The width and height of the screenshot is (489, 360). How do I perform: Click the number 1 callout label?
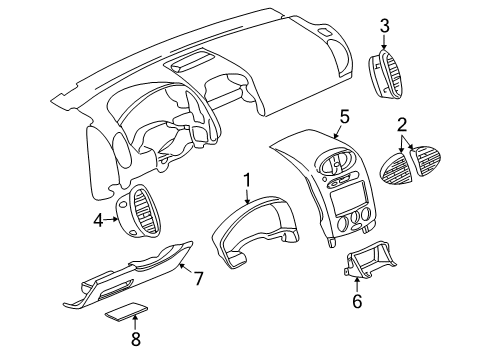pos(243,181)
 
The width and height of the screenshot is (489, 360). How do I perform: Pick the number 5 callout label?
pos(344,118)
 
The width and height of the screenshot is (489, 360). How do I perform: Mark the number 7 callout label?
pos(198,277)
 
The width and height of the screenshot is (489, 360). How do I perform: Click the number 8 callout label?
pos(136,340)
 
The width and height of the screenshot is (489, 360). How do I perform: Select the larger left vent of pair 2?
pos(399,169)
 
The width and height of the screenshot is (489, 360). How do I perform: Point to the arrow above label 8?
pos(136,323)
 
